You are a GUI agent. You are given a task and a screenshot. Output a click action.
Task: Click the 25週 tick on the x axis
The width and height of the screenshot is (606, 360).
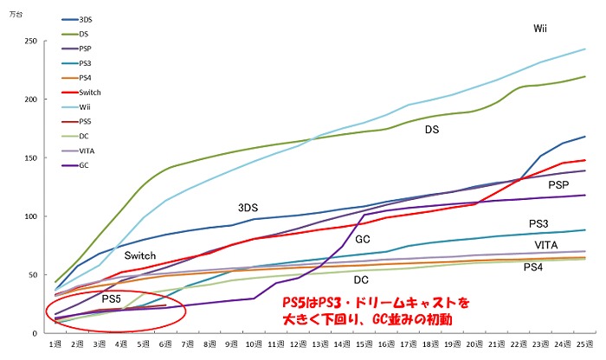click(x=585, y=345)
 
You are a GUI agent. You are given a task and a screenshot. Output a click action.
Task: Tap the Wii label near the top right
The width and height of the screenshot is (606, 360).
click(x=539, y=29)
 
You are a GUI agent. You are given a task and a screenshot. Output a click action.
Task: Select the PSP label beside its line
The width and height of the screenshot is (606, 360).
click(x=558, y=185)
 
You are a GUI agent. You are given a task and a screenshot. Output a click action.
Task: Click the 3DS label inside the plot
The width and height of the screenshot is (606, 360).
click(x=248, y=208)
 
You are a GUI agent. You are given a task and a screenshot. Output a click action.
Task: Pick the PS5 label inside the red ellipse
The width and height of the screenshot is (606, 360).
click(x=112, y=298)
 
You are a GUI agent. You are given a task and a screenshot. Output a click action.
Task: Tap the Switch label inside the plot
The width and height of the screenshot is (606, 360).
click(x=139, y=255)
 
